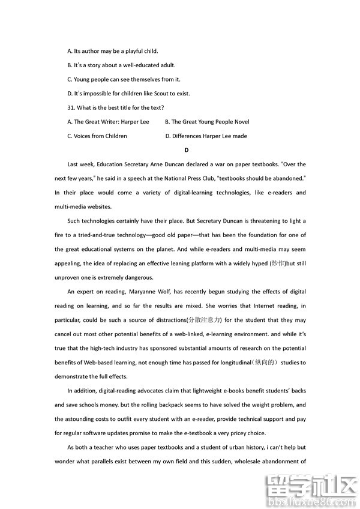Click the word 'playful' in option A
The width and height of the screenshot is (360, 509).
click(128, 51)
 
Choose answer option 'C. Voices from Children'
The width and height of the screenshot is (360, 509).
click(97, 136)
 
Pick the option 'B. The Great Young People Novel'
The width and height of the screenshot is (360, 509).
click(207, 122)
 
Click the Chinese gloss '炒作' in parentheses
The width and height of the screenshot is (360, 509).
click(277, 263)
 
